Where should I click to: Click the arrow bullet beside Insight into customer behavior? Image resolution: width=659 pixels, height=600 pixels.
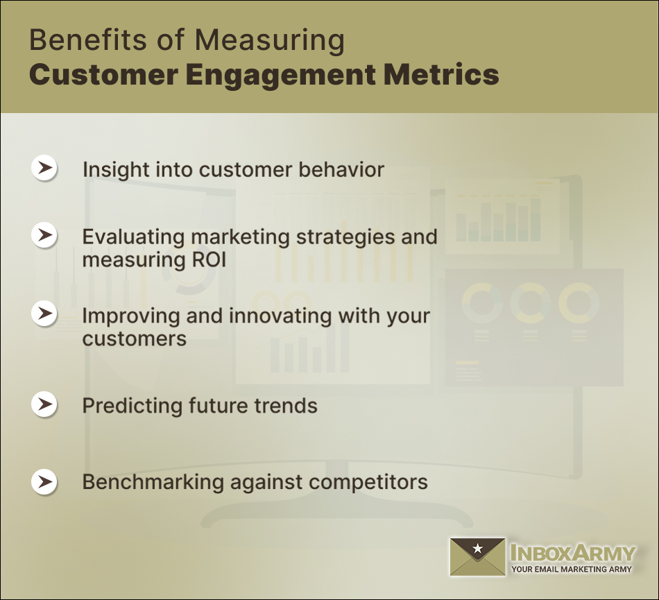point(45,168)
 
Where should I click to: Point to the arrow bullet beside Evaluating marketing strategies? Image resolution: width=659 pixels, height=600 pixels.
point(45,235)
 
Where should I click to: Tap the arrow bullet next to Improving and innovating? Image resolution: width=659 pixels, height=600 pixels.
point(45,314)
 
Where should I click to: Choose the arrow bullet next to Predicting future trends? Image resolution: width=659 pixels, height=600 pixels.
point(45,404)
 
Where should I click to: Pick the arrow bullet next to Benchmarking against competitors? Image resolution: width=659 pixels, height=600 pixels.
point(45,481)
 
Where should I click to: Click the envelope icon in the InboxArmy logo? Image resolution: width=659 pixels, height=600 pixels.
point(477,557)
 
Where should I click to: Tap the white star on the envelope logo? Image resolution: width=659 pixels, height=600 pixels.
point(477,549)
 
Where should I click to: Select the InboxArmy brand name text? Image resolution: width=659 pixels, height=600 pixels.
point(572,553)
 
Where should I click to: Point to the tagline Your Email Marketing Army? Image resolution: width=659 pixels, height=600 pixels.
point(572,569)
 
